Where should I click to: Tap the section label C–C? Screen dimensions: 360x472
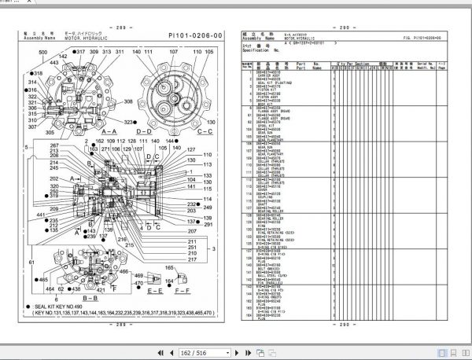pyautogui.click(x=207, y=131)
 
